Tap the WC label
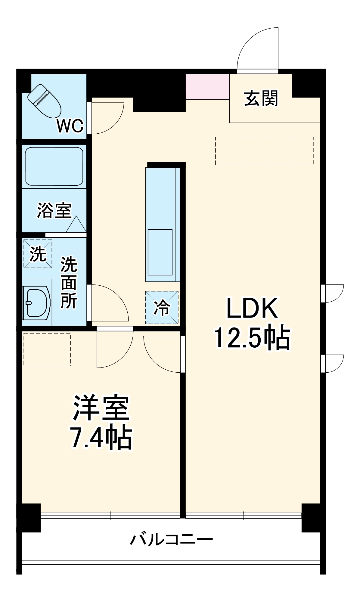(x=70, y=126)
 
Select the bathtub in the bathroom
(x=54, y=166)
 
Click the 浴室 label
(x=54, y=210)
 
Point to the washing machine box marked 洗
(x=38, y=254)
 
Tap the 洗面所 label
(x=69, y=282)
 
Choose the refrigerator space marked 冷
(x=162, y=307)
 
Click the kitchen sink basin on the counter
(x=160, y=252)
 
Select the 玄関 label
(x=261, y=98)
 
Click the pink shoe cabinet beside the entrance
(x=207, y=87)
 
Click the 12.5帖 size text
(x=252, y=338)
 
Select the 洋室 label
(x=101, y=408)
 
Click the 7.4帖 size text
(x=101, y=437)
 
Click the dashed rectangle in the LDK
(x=264, y=151)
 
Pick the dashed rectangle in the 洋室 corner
(x=47, y=349)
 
